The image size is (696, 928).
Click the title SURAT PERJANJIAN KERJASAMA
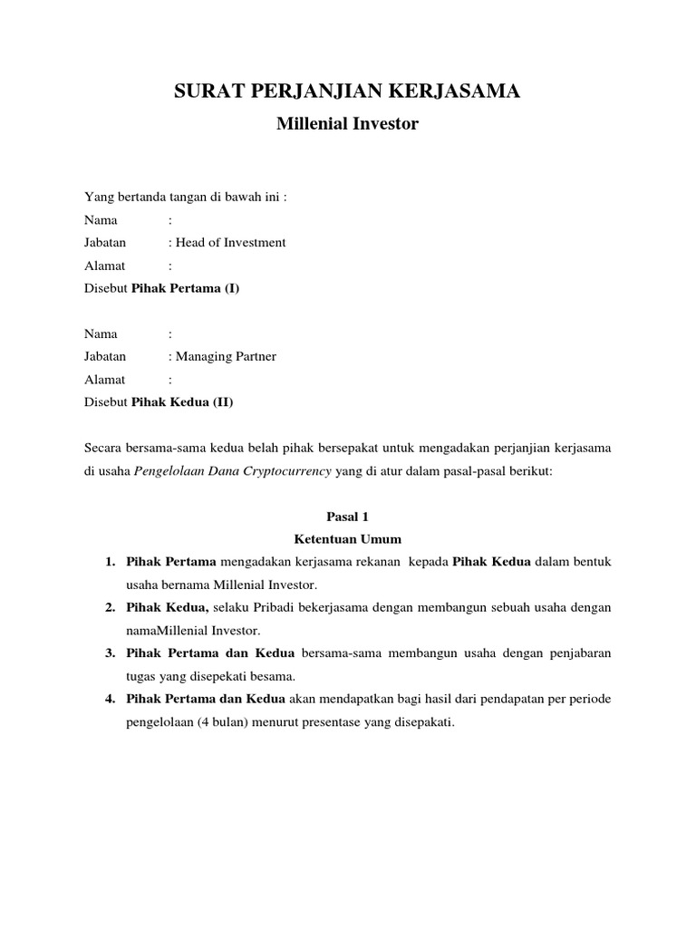(347, 92)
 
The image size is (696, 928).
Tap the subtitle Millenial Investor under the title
(347, 124)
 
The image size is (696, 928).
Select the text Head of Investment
(231, 243)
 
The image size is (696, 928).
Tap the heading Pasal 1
(348, 516)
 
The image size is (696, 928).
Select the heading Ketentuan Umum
(348, 538)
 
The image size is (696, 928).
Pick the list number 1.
(109, 562)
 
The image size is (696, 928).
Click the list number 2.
(109, 606)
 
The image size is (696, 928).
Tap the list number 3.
(109, 652)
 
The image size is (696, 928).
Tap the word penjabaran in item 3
(575, 652)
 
